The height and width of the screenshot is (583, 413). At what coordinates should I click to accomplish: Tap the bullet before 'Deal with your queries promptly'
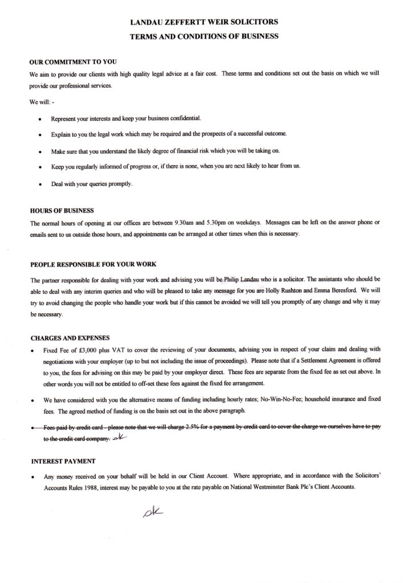tap(39, 185)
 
